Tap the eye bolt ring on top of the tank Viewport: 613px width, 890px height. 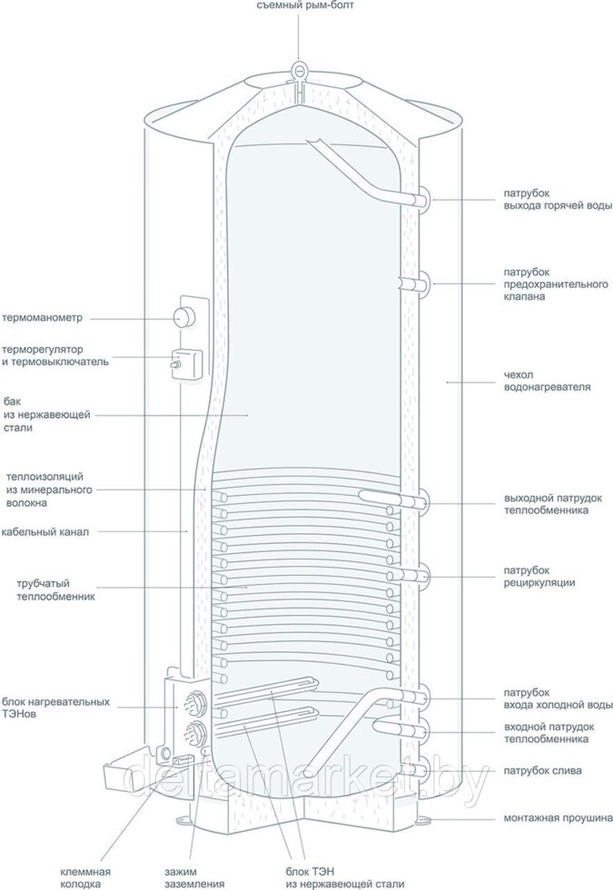[x=299, y=69]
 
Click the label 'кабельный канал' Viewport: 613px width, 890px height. [x=44, y=532]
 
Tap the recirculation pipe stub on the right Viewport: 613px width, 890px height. [x=423, y=574]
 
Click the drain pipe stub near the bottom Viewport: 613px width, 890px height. [x=423, y=769]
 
